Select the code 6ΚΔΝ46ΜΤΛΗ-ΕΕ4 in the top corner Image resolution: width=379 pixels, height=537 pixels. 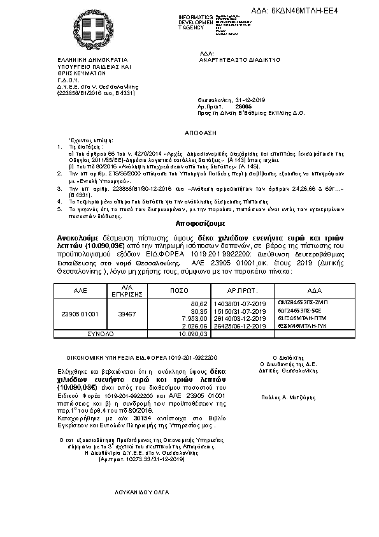tap(332, 11)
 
